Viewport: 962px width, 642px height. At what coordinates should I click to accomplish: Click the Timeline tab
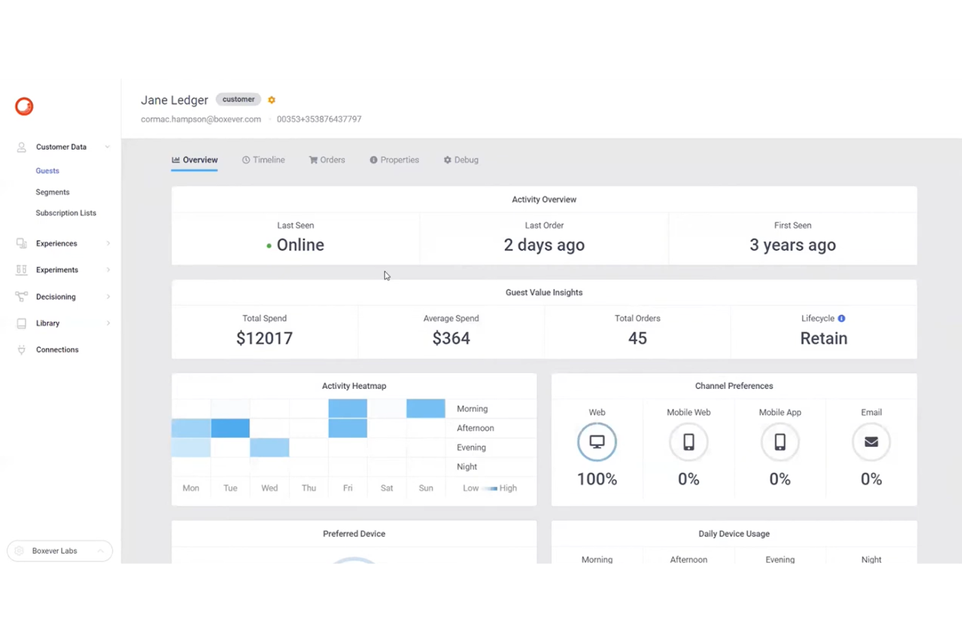point(263,160)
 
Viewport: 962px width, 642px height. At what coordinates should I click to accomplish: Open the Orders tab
point(327,160)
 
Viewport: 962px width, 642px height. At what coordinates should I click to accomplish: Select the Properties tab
point(395,160)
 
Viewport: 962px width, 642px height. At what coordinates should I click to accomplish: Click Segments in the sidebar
point(53,193)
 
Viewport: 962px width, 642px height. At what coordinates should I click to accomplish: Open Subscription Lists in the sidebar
point(66,213)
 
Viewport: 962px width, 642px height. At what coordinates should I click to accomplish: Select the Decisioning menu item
point(56,297)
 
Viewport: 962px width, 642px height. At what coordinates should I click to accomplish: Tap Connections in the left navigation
point(57,350)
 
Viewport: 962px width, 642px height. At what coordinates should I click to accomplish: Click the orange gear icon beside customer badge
point(272,100)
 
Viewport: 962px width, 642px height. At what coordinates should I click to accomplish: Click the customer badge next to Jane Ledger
point(239,100)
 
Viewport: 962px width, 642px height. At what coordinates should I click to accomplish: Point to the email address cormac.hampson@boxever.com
point(201,120)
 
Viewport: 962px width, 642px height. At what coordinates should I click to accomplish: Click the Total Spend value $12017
point(265,338)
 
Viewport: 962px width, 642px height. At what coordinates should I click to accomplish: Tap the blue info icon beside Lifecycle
point(842,319)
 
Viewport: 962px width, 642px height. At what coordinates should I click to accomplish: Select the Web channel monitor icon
point(597,442)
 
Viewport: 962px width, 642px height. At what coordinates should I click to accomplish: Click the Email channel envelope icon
point(871,442)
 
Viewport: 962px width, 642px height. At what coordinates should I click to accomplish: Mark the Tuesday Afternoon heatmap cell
point(230,428)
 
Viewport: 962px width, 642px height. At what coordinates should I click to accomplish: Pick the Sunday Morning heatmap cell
point(426,408)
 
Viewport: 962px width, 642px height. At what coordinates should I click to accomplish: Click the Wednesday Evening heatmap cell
point(270,448)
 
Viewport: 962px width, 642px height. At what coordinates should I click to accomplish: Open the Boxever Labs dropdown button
point(60,551)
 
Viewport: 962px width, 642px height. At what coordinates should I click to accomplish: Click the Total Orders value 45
point(638,338)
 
